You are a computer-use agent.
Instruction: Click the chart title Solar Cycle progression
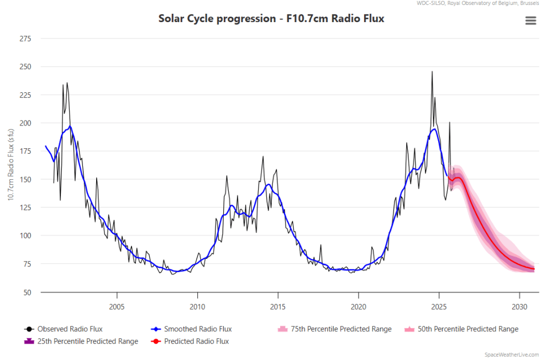pyautogui.click(x=271, y=19)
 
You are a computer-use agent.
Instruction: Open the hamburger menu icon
pyautogui.click(x=530, y=20)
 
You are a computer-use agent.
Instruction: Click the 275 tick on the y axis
pyautogui.click(x=25, y=39)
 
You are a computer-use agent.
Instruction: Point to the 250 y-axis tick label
pyautogui.click(x=25, y=67)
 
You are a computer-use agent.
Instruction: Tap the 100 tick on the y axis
pyautogui.click(x=25, y=236)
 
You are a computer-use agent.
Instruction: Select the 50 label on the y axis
pyautogui.click(x=27, y=292)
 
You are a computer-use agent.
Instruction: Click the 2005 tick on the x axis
pyautogui.click(x=117, y=306)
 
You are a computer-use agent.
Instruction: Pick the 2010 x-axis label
pyautogui.click(x=197, y=306)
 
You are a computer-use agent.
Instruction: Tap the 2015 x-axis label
pyautogui.click(x=278, y=306)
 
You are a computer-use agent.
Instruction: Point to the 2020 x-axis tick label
pyautogui.click(x=358, y=306)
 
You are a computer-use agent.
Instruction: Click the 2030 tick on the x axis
pyautogui.click(x=519, y=306)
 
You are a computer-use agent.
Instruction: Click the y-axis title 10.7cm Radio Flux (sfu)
pyautogui.click(x=10, y=166)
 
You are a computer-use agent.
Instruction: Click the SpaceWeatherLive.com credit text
pyautogui.click(x=511, y=354)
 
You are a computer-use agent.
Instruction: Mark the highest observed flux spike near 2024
pyautogui.click(x=432, y=71)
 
